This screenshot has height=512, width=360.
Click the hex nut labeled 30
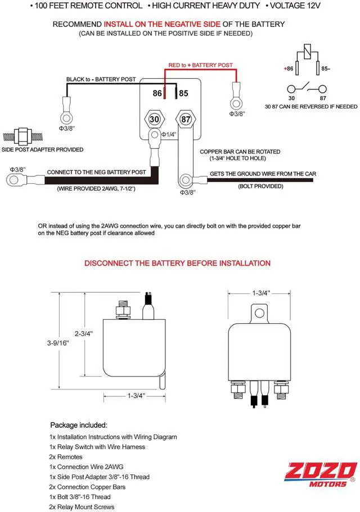pos(155,119)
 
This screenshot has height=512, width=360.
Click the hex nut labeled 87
pos(186,119)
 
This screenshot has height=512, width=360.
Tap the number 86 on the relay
pos(157,93)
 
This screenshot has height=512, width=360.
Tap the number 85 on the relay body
pos(183,93)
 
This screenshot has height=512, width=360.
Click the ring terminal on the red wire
pos(236,104)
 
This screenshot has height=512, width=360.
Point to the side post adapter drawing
pos(23,136)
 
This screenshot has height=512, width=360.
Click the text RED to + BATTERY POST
pos(201,65)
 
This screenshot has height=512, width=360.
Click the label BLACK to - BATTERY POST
pos(101,79)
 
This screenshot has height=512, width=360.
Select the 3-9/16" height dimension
pos(58,343)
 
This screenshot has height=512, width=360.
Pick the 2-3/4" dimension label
pos(84,334)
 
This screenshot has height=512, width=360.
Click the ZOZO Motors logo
pos(320,475)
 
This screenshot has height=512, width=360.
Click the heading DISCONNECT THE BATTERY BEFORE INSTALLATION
pos(177,263)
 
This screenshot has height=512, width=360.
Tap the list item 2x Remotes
pos(66,457)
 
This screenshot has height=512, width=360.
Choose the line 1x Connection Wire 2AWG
pos(86,467)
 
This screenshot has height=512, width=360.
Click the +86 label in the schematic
pos(289,69)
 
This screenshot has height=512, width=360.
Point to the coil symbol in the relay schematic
pos(307,52)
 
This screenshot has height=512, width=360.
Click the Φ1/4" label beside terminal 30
pos(169,134)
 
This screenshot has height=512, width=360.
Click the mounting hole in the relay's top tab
pos(259,314)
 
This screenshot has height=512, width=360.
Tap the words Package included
pos(79,425)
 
